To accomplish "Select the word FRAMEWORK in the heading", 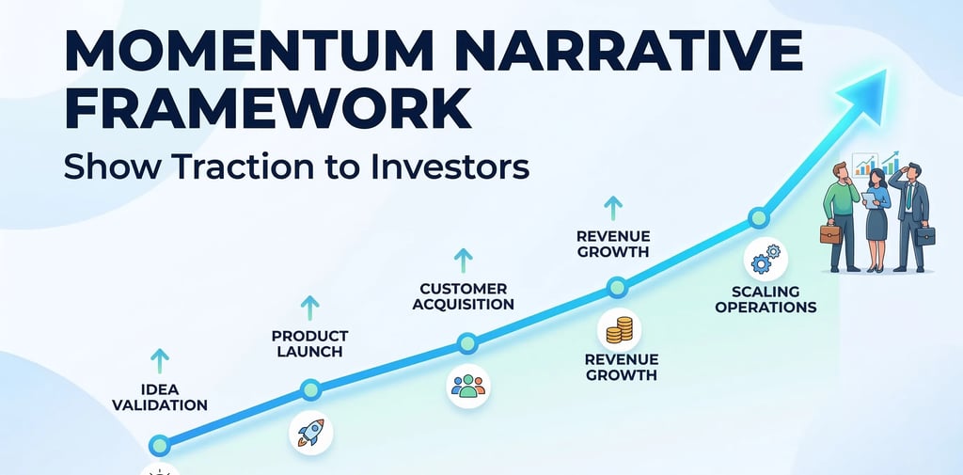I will pyautogui.click(x=268, y=109).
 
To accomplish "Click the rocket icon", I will pyautogui.click(x=310, y=432).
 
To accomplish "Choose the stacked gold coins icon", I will pyautogui.click(x=619, y=330).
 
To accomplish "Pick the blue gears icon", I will pyautogui.click(x=766, y=258).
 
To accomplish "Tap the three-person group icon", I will pyautogui.click(x=467, y=385).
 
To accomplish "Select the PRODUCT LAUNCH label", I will pyautogui.click(x=309, y=343).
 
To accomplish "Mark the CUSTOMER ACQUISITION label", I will pyautogui.click(x=464, y=296).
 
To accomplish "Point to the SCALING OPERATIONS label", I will pyautogui.click(x=766, y=299).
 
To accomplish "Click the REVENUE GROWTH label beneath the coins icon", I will pyautogui.click(x=621, y=367).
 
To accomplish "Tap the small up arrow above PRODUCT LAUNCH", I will pyautogui.click(x=309, y=307).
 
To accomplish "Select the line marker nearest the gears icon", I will pyautogui.click(x=758, y=218).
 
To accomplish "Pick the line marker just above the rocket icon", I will pyautogui.click(x=310, y=388).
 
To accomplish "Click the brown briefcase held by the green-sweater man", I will pyautogui.click(x=830, y=232).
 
